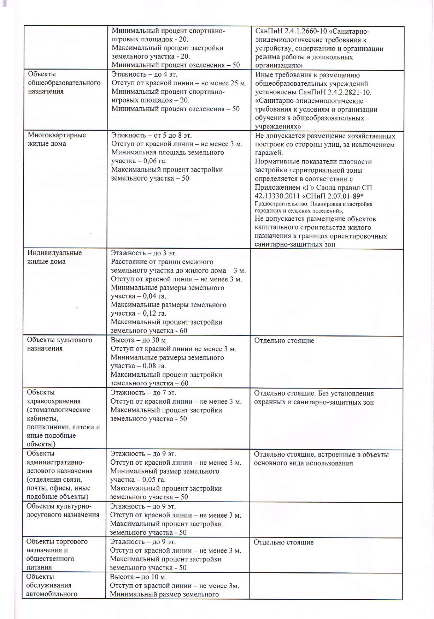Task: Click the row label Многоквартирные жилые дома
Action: pos(57,139)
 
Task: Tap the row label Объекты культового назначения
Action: pos(59,344)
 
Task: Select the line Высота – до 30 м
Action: pos(138,340)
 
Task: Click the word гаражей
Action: pos(269,153)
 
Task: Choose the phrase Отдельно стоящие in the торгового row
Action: pos(283,542)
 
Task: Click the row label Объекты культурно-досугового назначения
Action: pos(63,511)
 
